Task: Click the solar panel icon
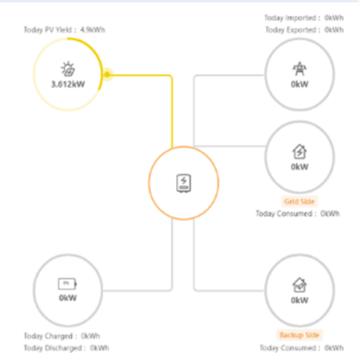[67, 69]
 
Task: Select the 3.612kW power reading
[68, 84]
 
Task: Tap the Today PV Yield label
[50, 30]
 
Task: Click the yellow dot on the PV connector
[108, 74]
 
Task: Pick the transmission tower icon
[299, 69]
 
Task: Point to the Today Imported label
[293, 18]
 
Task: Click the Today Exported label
[293, 30]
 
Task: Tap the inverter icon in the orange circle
[183, 183]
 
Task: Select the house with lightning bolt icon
[299, 151]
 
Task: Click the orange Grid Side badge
[299, 201]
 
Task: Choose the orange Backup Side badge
[299, 335]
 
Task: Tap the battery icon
[67, 284]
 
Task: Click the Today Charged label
[49, 336]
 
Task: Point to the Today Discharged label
[53, 348]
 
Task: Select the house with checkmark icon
[299, 285]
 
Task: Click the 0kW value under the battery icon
[67, 298]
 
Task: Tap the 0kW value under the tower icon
[299, 84]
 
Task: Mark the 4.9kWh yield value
[92, 30]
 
